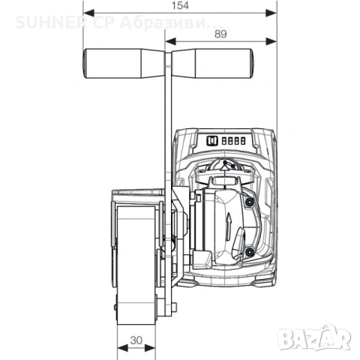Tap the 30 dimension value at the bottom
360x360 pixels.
pyautogui.click(x=136, y=340)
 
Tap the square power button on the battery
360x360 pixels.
pyautogui.click(x=211, y=139)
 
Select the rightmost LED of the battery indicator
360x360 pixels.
pyautogui.click(x=242, y=139)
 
